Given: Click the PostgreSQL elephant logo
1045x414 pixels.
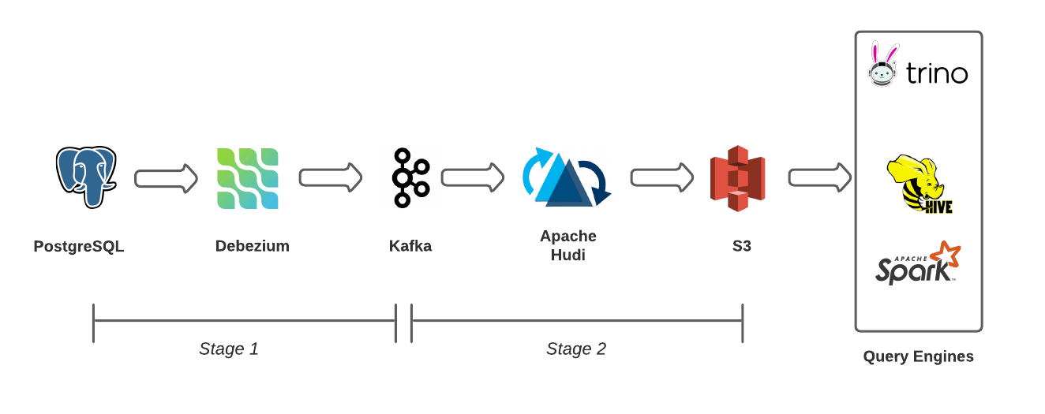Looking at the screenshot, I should click(85, 177).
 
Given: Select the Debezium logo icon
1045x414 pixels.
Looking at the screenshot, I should click(248, 178).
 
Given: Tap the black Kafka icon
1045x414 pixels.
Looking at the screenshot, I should click(410, 177).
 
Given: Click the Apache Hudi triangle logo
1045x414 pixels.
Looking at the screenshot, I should click(566, 179).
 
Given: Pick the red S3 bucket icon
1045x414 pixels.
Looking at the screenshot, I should click(737, 178).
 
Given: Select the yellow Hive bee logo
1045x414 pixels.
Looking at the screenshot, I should click(916, 183).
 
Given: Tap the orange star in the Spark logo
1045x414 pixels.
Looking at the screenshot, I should click(945, 255).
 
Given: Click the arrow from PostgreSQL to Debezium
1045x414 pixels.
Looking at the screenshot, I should click(166, 178).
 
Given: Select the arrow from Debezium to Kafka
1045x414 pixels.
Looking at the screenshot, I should click(330, 177).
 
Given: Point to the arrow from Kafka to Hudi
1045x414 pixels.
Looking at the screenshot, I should click(472, 177).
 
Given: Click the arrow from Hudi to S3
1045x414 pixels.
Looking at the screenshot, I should click(661, 177).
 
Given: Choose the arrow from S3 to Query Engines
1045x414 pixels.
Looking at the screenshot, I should click(819, 177).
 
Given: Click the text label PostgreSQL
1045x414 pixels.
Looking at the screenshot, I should click(79, 246).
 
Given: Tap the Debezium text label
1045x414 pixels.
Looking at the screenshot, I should click(253, 246).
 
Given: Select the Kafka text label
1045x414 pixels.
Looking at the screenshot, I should click(410, 246).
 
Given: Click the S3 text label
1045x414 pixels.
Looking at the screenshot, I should click(742, 246).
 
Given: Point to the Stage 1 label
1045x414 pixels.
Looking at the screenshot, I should click(229, 349).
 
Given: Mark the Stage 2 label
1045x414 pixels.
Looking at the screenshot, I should click(576, 349).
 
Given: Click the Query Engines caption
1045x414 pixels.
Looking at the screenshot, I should click(918, 356).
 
